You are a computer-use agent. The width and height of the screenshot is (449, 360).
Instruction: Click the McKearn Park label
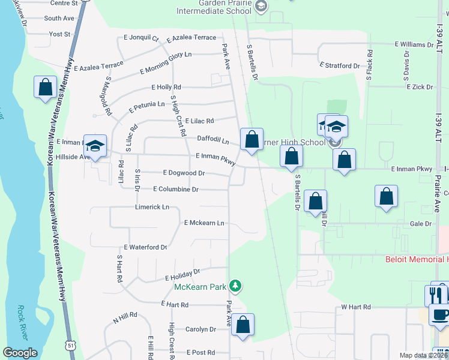pyautogui.click(x=199, y=287)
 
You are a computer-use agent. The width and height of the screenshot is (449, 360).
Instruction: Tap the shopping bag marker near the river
pyautogui.click(x=46, y=88)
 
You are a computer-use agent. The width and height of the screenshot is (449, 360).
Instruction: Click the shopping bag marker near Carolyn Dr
pyautogui.click(x=243, y=325)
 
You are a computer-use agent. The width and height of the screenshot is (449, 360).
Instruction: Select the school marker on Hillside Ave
pyautogui.click(x=95, y=146)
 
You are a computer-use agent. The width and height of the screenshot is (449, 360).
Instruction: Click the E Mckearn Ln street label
pyautogui.click(x=203, y=223)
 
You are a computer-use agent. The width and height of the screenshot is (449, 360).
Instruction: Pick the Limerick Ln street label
pyautogui.click(x=152, y=207)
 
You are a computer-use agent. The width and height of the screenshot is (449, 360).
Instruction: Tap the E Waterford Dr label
pyautogui.click(x=145, y=247)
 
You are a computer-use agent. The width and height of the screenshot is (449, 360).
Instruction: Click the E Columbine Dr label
pyautogui.click(x=175, y=189)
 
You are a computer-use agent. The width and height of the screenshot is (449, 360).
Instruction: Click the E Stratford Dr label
pyautogui.click(x=340, y=64)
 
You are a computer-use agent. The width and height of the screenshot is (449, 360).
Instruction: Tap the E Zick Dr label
pyautogui.click(x=420, y=87)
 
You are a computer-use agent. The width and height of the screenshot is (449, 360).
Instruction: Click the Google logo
pyautogui.click(x=20, y=353)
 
